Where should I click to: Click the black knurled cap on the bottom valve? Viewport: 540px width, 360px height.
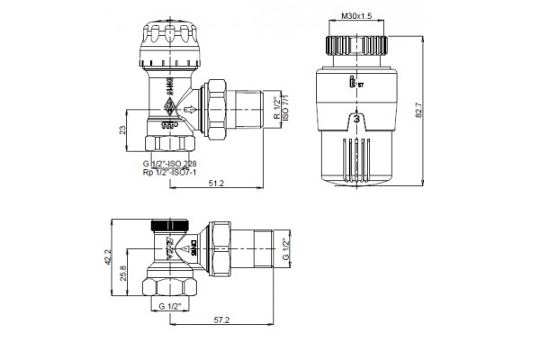(x=173, y=224)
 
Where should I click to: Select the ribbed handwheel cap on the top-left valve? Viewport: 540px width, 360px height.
(x=171, y=41)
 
